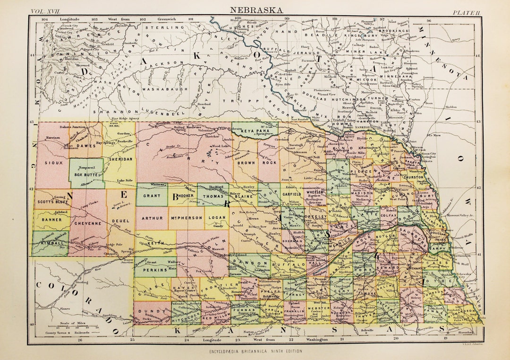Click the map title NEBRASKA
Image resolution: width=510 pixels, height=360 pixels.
pyautogui.click(x=257, y=9)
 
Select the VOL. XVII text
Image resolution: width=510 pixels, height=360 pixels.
pyautogui.click(x=47, y=11)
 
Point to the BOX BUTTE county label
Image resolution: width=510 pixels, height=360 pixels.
pyautogui.click(x=86, y=174)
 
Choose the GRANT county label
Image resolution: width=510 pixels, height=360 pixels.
pyautogui.click(x=150, y=195)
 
